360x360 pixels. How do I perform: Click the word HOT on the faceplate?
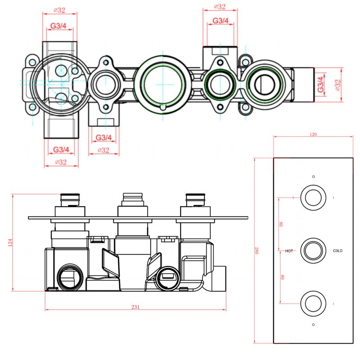tap(289, 251)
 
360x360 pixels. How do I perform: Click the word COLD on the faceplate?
tap(337, 251)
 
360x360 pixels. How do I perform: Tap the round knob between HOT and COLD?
tap(313, 250)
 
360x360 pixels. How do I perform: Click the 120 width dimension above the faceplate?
tap(314, 134)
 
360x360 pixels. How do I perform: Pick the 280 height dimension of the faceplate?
tap(257, 250)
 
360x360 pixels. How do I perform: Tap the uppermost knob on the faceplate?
tap(313, 198)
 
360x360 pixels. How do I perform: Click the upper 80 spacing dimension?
tap(281, 224)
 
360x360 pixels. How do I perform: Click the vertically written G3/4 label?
tap(320, 85)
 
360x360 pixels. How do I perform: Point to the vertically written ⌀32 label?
tap(337, 85)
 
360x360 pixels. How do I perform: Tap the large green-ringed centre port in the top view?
tap(161, 84)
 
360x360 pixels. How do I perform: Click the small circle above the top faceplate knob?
tap(313, 176)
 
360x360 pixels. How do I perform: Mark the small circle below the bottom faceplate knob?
tap(313, 324)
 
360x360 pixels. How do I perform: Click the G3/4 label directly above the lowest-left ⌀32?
tap(61, 149)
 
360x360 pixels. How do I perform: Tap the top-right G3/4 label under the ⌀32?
tap(220, 21)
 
